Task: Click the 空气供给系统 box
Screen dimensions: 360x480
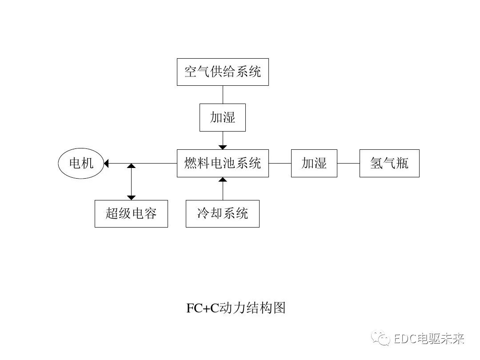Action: click(x=223, y=72)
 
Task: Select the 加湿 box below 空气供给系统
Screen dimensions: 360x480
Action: click(x=223, y=117)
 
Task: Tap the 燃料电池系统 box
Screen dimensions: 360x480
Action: click(x=223, y=163)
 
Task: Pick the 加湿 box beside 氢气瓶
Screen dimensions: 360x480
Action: click(x=314, y=163)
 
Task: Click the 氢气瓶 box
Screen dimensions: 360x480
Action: click(x=389, y=163)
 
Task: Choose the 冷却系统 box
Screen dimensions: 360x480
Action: click(x=223, y=214)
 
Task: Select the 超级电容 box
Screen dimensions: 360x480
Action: click(x=131, y=214)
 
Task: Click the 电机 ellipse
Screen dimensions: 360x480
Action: click(x=81, y=163)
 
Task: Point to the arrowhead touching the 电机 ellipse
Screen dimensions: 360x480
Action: click(x=106, y=163)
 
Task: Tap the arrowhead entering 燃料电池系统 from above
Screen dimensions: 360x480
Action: click(x=223, y=147)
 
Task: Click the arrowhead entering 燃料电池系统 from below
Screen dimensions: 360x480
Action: click(x=223, y=180)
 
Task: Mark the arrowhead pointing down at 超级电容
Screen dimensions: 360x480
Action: click(x=131, y=197)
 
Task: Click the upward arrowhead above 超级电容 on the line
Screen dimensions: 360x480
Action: click(x=131, y=166)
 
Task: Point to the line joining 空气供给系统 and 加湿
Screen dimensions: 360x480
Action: click(x=223, y=94)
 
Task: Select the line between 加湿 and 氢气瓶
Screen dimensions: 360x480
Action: click(x=348, y=163)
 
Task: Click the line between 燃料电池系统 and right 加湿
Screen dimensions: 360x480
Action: click(x=280, y=163)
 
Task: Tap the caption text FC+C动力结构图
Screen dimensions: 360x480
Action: click(x=236, y=308)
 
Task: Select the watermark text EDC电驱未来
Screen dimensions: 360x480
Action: click(x=429, y=339)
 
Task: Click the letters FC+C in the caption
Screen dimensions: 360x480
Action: click(x=203, y=308)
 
